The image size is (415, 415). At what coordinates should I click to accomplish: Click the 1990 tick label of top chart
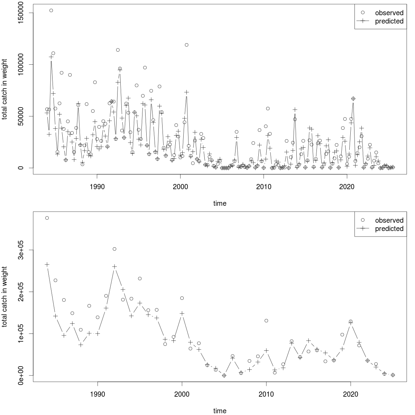(x=97, y=187)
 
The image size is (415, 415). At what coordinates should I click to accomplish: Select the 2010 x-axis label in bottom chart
(x=266, y=395)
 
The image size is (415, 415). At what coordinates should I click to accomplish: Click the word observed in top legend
(x=389, y=13)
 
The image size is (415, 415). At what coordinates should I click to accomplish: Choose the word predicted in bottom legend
(x=389, y=229)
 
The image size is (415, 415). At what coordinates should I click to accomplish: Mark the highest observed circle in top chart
(x=51, y=10)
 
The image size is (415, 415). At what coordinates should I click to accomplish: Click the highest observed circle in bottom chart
(x=47, y=218)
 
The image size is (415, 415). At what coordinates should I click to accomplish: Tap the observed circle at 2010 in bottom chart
(x=266, y=321)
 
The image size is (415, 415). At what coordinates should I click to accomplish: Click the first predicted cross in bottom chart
(x=47, y=265)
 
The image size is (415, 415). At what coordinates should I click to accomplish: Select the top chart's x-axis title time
(x=220, y=203)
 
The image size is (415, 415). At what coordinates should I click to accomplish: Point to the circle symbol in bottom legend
(x=363, y=220)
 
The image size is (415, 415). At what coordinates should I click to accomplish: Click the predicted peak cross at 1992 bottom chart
(x=114, y=266)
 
